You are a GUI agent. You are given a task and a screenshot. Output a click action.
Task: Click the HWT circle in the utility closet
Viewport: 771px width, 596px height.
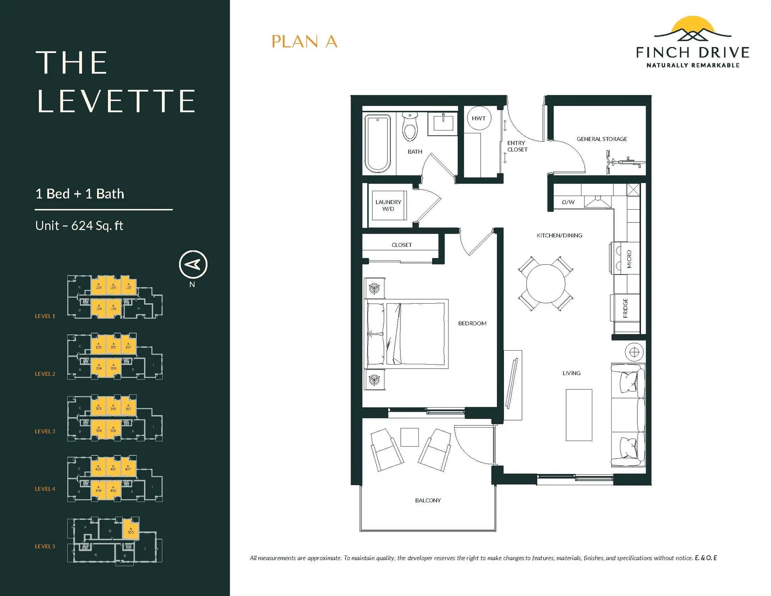point(479,118)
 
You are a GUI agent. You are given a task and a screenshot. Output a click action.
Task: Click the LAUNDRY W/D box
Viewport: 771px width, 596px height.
point(388,205)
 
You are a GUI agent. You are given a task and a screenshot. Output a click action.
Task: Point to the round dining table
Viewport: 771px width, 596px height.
point(546,284)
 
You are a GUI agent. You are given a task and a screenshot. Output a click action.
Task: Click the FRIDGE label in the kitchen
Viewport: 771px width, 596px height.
point(625,308)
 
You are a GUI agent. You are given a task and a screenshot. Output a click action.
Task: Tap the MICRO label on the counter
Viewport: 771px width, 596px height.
point(629,259)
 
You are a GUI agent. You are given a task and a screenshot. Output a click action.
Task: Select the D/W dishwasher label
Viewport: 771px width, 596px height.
point(568,202)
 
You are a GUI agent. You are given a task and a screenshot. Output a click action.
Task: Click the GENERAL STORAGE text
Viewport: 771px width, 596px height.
point(602,139)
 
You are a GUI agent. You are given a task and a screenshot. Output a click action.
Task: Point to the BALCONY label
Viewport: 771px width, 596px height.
point(428,500)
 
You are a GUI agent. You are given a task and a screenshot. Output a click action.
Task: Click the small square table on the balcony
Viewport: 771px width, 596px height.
point(410,437)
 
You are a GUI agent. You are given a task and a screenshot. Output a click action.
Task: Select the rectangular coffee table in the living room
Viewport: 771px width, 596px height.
point(579,415)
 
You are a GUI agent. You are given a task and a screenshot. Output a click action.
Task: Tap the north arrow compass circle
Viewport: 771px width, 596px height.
point(193,264)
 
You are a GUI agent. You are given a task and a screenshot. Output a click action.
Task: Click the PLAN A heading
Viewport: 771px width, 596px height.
point(304,41)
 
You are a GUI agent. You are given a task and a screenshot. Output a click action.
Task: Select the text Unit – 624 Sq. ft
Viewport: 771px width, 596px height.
point(79,226)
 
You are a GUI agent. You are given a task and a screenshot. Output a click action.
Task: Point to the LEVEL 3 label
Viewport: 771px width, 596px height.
point(45,431)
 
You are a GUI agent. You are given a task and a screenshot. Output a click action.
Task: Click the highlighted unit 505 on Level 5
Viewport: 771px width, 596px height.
point(131,529)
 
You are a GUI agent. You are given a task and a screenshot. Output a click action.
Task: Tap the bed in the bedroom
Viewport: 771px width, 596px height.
point(406,334)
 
